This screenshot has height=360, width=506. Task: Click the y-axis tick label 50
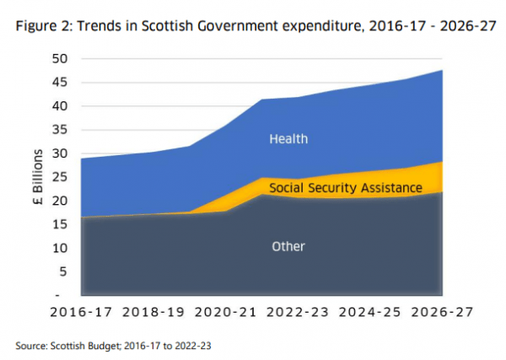click(x=59, y=59)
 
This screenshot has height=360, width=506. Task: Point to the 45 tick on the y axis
click(x=59, y=83)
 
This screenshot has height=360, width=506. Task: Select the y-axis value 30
click(x=59, y=153)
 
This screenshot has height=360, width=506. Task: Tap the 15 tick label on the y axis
click(x=59, y=224)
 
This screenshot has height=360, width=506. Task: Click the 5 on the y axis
click(x=62, y=271)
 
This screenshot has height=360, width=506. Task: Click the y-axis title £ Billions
click(x=37, y=177)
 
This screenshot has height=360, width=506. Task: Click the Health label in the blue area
click(x=288, y=138)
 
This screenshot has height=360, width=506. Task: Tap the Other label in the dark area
click(x=288, y=247)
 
